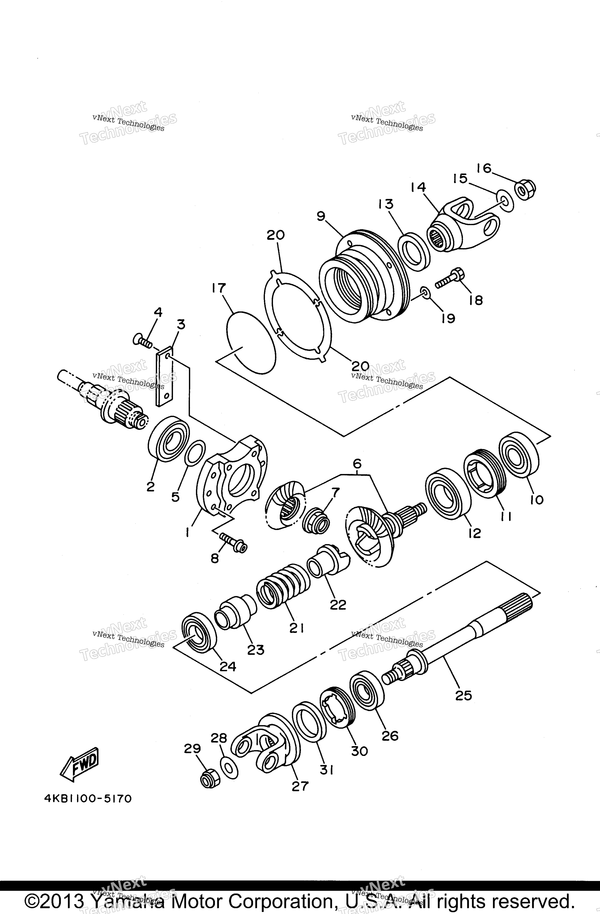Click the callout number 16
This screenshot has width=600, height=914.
click(x=484, y=168)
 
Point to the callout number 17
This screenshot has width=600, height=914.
click(x=219, y=288)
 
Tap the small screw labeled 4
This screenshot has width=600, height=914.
click(x=142, y=340)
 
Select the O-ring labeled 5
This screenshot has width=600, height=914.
click(x=195, y=453)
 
